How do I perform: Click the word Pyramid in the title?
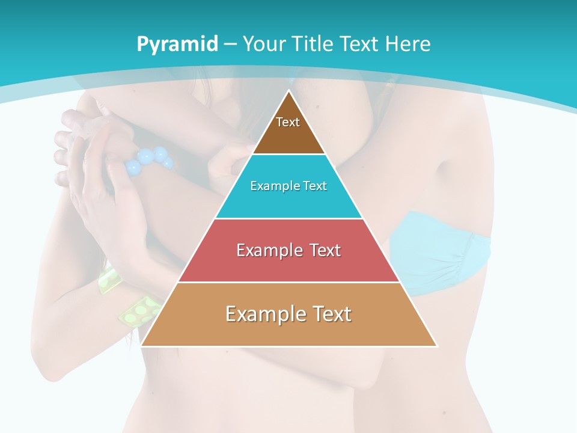(177, 45)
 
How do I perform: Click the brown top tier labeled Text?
(288, 129)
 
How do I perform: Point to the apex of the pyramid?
(289, 91)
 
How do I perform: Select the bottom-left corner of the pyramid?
(142, 345)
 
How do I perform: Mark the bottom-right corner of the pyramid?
(436, 345)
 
